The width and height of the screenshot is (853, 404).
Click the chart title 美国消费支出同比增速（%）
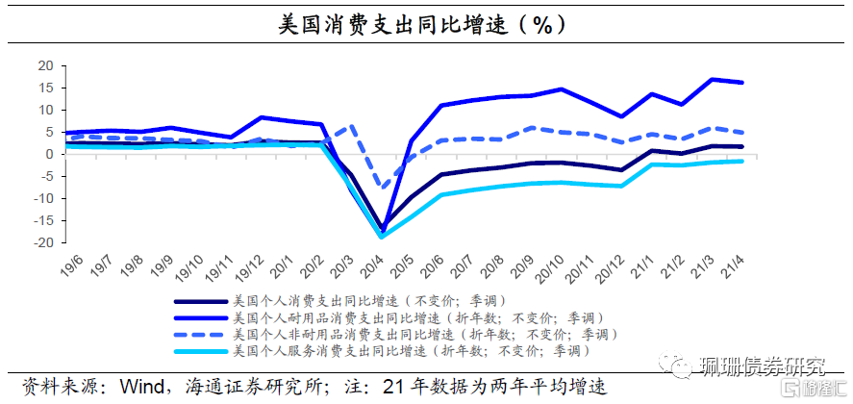coord(422,24)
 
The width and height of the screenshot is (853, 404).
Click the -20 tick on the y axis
coord(40,242)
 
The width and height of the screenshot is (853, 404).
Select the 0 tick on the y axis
coord(47,154)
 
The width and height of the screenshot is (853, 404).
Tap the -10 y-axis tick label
coord(40,198)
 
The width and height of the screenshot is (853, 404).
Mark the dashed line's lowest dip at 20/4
coord(384,189)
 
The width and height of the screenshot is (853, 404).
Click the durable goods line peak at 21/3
coord(713,79)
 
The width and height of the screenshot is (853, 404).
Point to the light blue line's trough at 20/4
coord(384,237)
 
